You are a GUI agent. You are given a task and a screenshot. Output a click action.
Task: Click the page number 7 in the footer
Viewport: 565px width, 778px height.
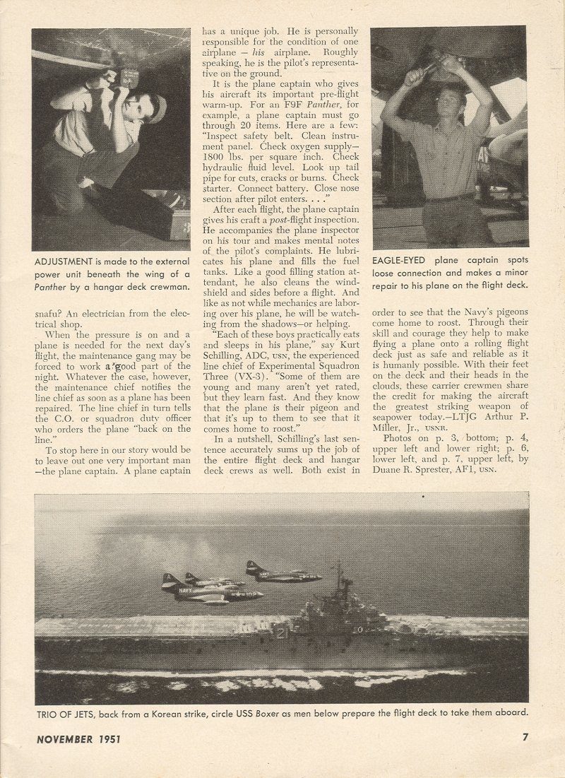tap(525, 737)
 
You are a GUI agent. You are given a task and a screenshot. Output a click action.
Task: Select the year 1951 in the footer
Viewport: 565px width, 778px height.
tap(109, 739)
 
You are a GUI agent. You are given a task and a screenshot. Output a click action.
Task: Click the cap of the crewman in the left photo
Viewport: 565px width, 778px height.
tap(157, 109)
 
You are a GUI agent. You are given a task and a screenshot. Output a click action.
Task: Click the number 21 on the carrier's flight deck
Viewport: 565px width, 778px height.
tap(282, 633)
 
